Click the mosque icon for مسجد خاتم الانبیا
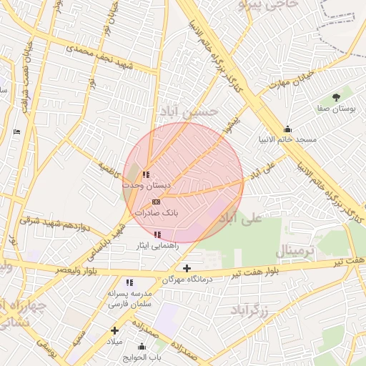click(287, 129)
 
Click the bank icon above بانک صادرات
click(156, 202)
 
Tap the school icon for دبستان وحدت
click(146, 174)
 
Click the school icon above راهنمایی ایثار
click(157, 234)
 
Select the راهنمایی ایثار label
click(153, 245)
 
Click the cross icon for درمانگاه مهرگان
click(187, 269)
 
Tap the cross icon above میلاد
click(114, 330)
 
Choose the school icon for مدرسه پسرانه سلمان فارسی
click(129, 282)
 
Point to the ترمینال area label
click(295, 252)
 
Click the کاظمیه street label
click(111, 170)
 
